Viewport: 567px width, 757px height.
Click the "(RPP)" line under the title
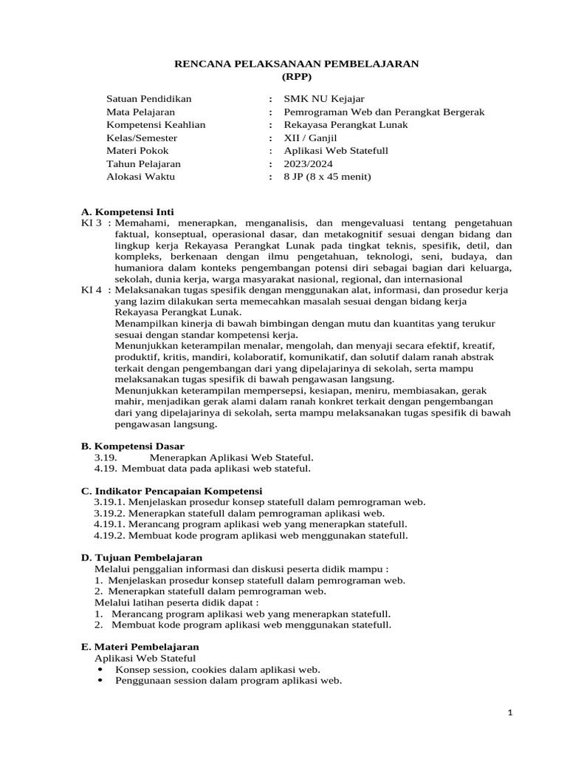click(297, 76)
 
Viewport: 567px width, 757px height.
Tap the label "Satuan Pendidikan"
click(149, 98)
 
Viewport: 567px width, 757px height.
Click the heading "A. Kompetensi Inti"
click(127, 211)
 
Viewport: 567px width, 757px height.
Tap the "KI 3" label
click(92, 222)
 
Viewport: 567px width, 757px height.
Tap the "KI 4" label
click(92, 290)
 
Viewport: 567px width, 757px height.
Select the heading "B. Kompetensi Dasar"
click(132, 446)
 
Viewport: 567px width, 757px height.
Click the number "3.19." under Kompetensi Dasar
click(106, 458)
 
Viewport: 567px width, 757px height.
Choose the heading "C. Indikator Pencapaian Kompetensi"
click(171, 491)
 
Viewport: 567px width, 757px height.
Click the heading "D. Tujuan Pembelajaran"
click(141, 557)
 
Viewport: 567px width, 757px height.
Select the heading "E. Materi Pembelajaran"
click(140, 646)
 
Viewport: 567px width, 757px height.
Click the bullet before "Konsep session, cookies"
click(100, 669)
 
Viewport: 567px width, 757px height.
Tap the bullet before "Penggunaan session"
click(100, 681)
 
